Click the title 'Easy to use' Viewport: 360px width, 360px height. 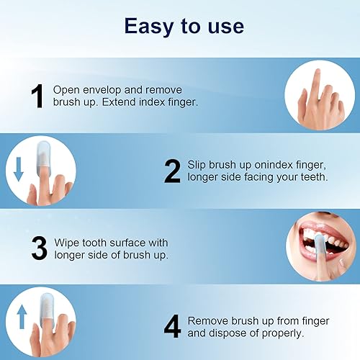pos(184,26)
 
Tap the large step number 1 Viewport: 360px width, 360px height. pos(37,97)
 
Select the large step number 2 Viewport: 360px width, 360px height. pos(172,171)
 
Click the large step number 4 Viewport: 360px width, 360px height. pos(172,325)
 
